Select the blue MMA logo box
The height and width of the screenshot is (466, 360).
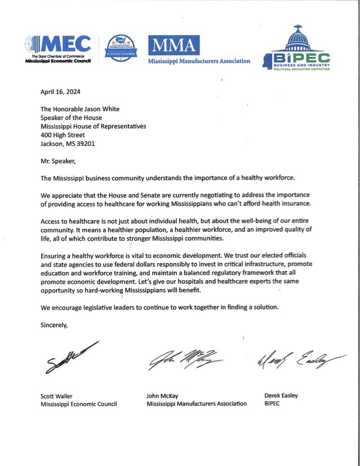point(174,45)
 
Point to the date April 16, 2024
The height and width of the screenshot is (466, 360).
point(61,92)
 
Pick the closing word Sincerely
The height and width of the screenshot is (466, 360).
point(56,324)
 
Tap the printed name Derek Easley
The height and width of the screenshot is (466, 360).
point(282,395)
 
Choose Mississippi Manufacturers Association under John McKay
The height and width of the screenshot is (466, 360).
point(196,404)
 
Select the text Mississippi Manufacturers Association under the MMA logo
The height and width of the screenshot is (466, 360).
point(199,61)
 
